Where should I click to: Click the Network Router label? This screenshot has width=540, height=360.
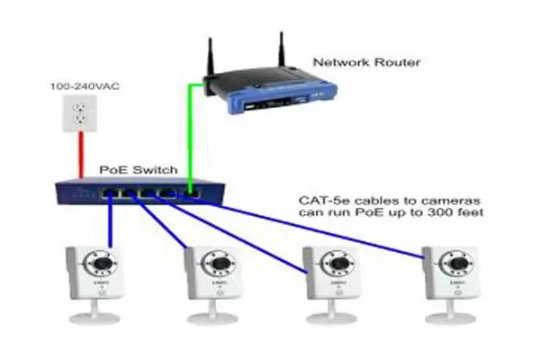tap(366, 62)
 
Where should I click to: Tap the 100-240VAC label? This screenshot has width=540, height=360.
tap(85, 86)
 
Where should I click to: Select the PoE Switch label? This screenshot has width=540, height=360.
tap(139, 170)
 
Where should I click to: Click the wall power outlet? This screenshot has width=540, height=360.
tap(79, 113)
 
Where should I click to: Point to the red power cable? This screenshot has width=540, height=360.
tap(81, 155)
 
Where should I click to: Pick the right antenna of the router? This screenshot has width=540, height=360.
tap(282, 50)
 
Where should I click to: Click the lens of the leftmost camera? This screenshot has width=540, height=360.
tap(103, 264)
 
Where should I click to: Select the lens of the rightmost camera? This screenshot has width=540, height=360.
tap(459, 264)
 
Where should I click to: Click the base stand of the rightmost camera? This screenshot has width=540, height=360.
tap(451, 313)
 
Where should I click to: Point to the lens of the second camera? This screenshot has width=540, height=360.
tap(220, 264)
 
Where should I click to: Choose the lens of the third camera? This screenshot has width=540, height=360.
tap(340, 264)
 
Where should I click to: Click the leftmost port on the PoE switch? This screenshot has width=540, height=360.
tap(109, 193)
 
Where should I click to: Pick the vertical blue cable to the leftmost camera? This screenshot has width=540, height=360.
tap(110, 221)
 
